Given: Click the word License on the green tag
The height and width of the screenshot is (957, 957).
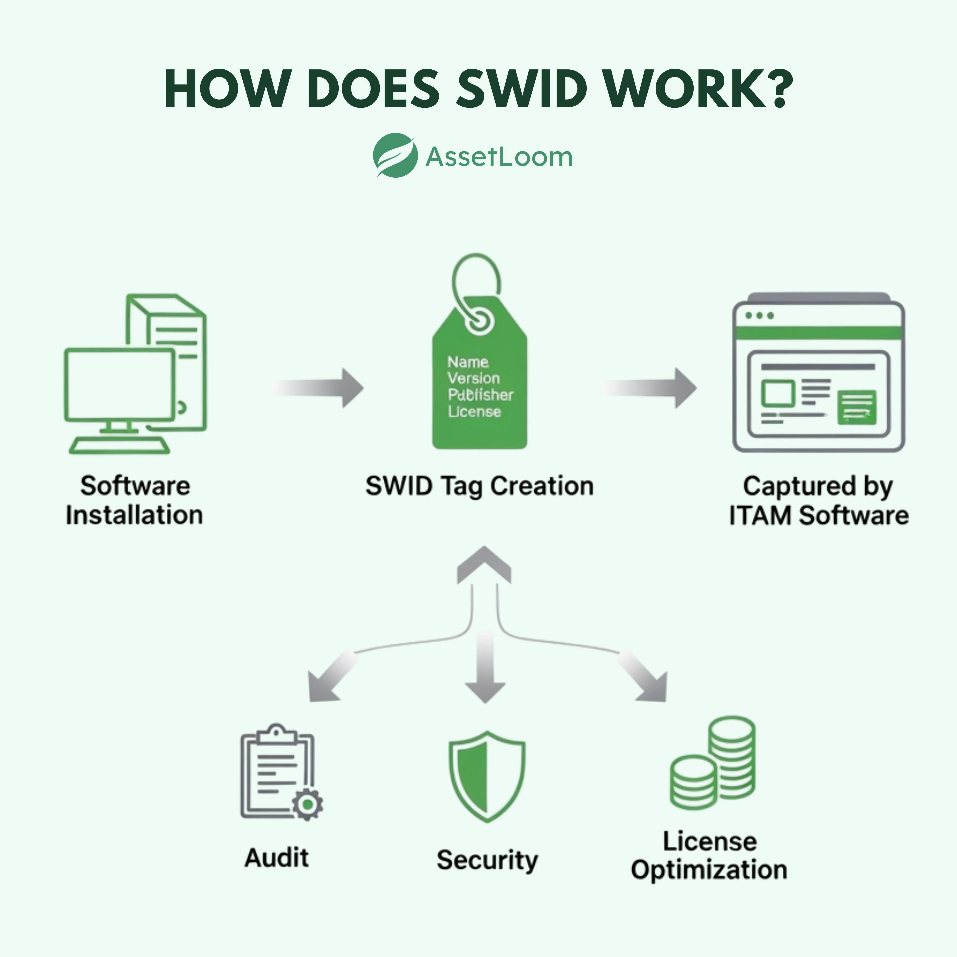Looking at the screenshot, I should [x=474, y=412].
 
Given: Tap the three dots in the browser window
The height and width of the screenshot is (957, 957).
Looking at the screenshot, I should [x=759, y=315].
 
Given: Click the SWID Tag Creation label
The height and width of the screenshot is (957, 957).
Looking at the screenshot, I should [x=479, y=486].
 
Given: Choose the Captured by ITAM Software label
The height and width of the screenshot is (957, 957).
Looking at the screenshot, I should [x=818, y=500].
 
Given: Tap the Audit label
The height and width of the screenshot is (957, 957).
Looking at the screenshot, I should [x=276, y=857].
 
